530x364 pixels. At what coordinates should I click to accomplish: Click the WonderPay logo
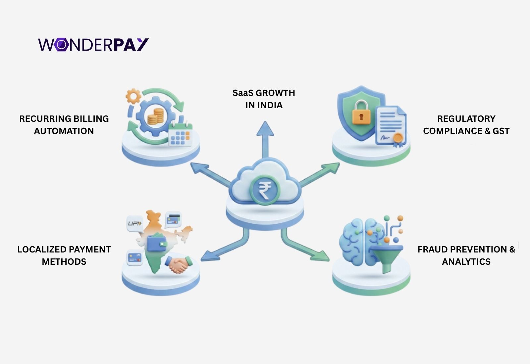pos(93,45)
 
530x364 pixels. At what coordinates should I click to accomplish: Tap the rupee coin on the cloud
pos(265,191)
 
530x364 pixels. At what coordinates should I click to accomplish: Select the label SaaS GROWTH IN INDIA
pos(264,99)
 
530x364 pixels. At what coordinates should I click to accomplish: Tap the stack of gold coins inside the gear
pos(155,116)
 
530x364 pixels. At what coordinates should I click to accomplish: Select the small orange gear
pos(133,96)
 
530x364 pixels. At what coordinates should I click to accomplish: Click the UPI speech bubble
pos(135,223)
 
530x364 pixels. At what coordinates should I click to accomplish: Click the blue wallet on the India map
pos(157,243)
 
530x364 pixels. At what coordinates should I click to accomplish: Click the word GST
pos(501,131)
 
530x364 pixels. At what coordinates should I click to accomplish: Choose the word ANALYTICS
pos(466,262)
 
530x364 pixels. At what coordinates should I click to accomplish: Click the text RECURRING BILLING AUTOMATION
pos(64,125)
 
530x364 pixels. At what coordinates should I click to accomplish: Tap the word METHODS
pos(64,262)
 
